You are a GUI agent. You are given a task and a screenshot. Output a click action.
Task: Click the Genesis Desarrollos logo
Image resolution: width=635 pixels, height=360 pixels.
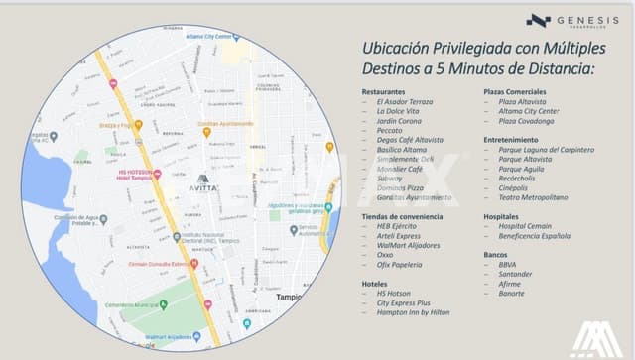pos(566,21)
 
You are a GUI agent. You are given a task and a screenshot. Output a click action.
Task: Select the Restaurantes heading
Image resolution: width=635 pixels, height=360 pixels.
pos(384,91)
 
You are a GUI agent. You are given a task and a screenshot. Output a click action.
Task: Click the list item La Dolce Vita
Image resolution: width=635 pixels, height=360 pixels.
pos(399,111)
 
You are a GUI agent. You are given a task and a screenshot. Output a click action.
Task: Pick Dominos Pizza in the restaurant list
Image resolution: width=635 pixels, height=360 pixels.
pos(401,187)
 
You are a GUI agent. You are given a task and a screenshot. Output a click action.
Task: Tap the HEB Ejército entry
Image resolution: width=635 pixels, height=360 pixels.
pos(398,226)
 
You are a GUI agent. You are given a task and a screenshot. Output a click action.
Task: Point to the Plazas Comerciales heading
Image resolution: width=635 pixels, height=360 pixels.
pos(518,91)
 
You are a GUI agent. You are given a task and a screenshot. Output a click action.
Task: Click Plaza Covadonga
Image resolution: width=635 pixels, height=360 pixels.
pos(528,121)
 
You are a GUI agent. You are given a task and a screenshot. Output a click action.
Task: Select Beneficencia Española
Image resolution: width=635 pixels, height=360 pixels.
pos(534,235)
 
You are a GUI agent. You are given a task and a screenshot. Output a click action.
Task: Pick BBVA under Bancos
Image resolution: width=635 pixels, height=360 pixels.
pos(508,265)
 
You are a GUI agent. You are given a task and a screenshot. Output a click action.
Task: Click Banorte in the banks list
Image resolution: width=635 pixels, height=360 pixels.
pos(512,293)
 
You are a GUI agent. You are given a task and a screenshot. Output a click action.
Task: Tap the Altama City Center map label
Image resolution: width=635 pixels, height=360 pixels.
pos(213,36)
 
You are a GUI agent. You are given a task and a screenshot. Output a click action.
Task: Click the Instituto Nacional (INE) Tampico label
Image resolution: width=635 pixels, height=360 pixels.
pos(213,239)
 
